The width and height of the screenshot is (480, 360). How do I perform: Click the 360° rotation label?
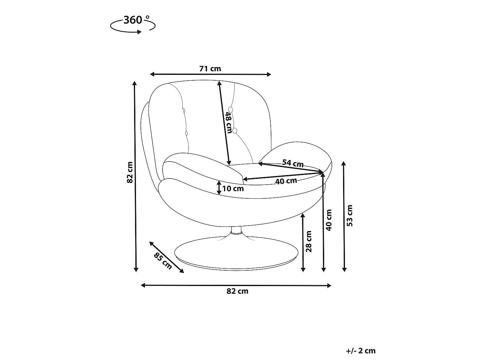coord(136,20)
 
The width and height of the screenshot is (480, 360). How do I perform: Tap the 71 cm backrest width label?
coord(210,68)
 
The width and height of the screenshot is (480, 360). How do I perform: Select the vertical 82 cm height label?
coord(130,172)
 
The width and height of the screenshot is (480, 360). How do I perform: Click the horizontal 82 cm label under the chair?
coord(237,291)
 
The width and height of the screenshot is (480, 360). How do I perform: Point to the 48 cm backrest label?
coord(229,123)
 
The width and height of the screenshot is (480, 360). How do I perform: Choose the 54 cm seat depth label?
coord(293,163)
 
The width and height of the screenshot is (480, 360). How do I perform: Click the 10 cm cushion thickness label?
coord(233,188)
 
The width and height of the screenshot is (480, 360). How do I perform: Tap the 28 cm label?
coord(309,241)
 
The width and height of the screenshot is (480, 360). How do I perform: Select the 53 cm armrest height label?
coord(350,215)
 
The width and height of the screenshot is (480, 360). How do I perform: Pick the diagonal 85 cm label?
coord(163,261)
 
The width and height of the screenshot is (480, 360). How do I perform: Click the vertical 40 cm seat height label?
coord(329,220)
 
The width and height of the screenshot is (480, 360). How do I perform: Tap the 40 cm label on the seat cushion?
coord(286,181)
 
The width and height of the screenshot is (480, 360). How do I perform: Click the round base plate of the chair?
coord(236,253)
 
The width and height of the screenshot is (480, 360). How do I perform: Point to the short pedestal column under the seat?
coord(236,230)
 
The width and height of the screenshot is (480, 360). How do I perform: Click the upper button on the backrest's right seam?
coord(230,109)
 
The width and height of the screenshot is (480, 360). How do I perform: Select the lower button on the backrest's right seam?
coord(235,131)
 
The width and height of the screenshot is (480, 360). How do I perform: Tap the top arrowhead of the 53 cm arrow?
coord(344,164)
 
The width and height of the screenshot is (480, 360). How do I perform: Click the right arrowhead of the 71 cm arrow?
coord(269,75)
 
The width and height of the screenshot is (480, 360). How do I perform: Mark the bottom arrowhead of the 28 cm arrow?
coord(303,269)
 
